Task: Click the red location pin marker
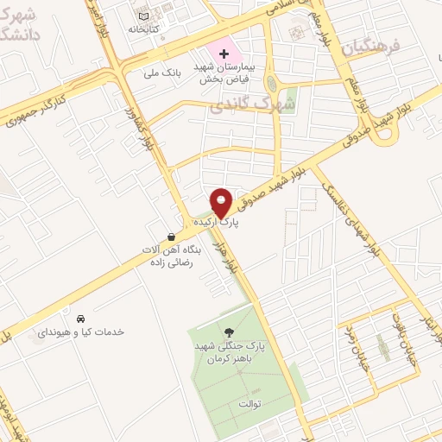point(221,202)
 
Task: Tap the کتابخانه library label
point(145,28)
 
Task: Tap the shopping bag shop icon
point(172,236)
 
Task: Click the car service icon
point(81,318)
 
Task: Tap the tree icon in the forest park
point(229,331)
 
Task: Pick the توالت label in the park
point(249,403)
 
